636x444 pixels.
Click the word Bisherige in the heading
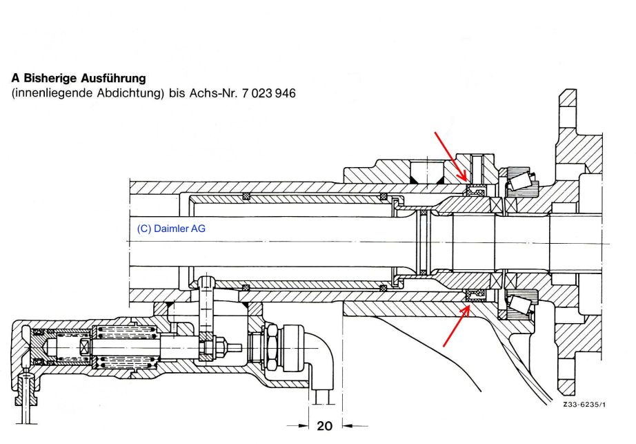pos(49,79)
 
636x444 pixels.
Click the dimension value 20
pos(324,426)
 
